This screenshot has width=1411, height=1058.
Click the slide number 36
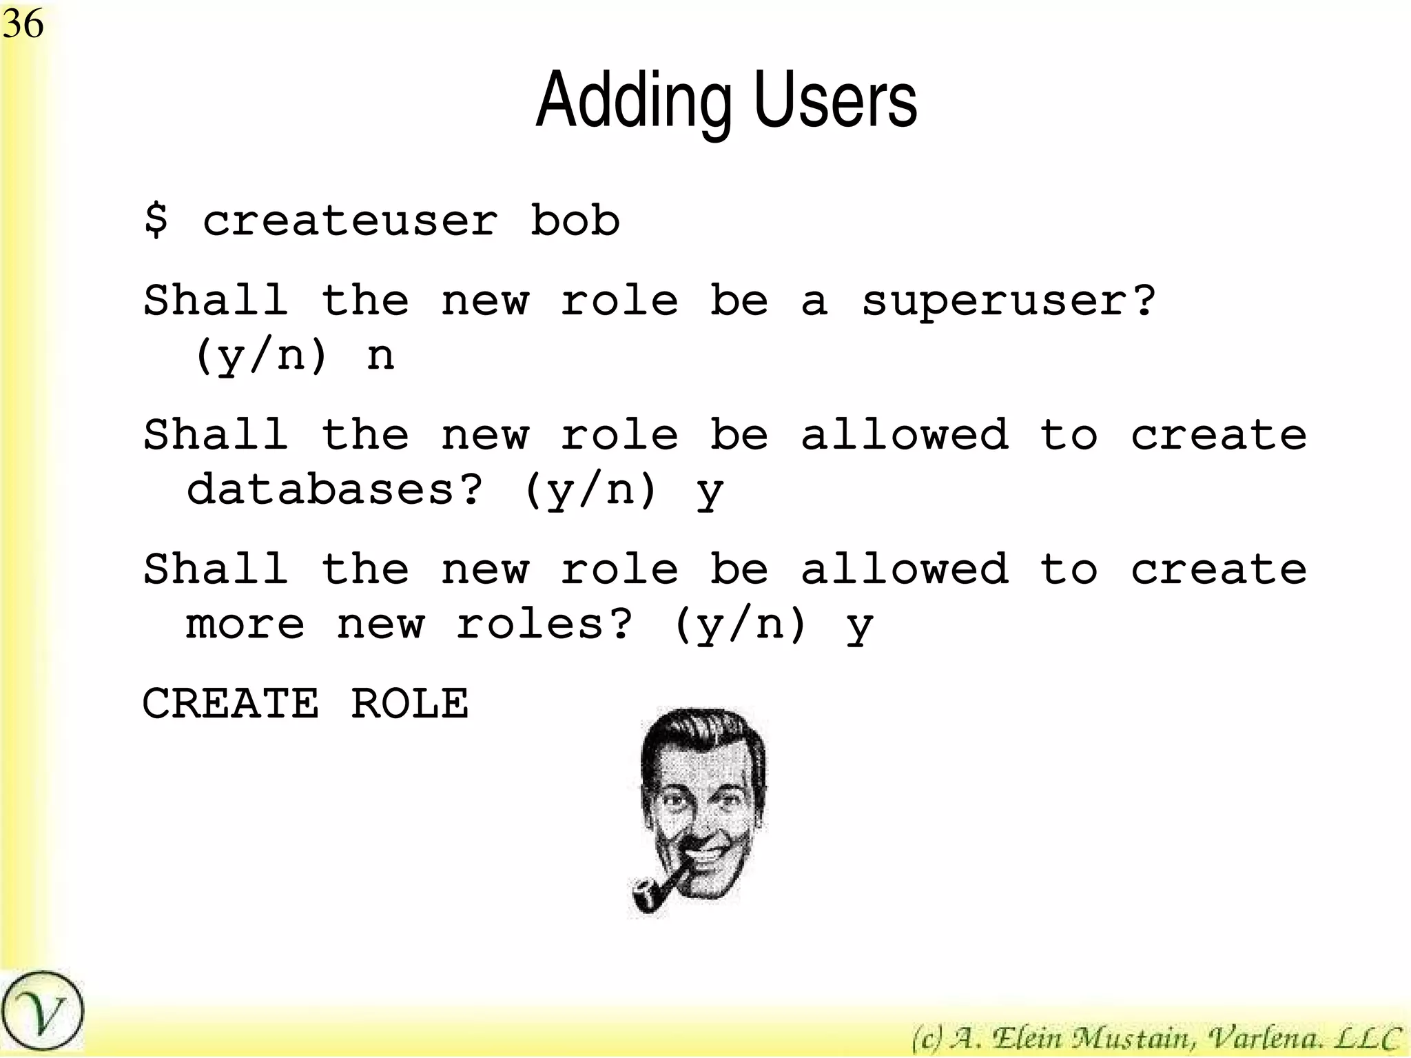coord(23,24)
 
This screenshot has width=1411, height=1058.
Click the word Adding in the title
coord(633,101)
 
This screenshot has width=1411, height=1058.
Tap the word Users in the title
coord(836,101)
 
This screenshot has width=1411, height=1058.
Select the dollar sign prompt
coord(156,221)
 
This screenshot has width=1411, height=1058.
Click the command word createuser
coord(350,221)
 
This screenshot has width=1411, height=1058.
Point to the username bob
coord(575,221)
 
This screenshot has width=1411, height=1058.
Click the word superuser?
coord(1008,301)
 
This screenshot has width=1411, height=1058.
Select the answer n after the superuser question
coord(380,356)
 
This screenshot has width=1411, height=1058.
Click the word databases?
coord(335,490)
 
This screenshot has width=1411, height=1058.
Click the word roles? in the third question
coord(544,624)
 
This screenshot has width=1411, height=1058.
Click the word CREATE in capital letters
coord(231,704)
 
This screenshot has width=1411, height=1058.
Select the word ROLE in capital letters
coord(410,704)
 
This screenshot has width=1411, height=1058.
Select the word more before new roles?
coord(245,624)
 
